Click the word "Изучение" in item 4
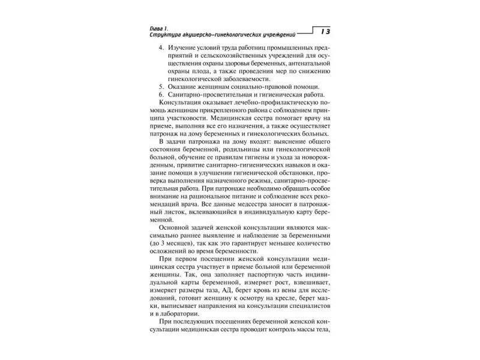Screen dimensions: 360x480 (182, 48)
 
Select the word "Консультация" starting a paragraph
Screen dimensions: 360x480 (184, 105)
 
